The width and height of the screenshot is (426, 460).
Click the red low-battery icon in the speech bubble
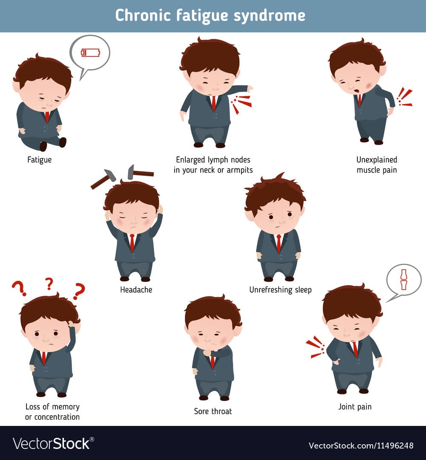click(x=90, y=53)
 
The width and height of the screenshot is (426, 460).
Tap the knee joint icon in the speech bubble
click(x=404, y=279)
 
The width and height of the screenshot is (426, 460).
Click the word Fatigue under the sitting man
click(x=39, y=160)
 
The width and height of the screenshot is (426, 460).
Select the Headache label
click(x=136, y=290)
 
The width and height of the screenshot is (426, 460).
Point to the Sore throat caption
click(x=213, y=411)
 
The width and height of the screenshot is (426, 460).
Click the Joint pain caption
click(x=355, y=407)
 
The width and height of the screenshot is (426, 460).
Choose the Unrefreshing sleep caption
click(x=280, y=290)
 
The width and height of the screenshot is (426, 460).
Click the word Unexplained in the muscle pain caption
click(x=377, y=160)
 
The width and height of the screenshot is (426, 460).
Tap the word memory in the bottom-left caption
click(x=66, y=407)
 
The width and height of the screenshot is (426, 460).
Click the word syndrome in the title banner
click(x=269, y=16)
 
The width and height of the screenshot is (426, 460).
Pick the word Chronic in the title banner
click(x=143, y=15)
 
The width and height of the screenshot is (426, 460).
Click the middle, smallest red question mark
click(x=49, y=284)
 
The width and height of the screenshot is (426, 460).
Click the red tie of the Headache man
click(x=132, y=243)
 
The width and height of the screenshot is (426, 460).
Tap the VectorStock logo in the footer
click(x=53, y=443)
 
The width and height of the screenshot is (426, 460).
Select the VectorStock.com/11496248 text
click(x=361, y=446)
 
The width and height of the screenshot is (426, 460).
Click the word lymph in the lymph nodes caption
click(x=219, y=160)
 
